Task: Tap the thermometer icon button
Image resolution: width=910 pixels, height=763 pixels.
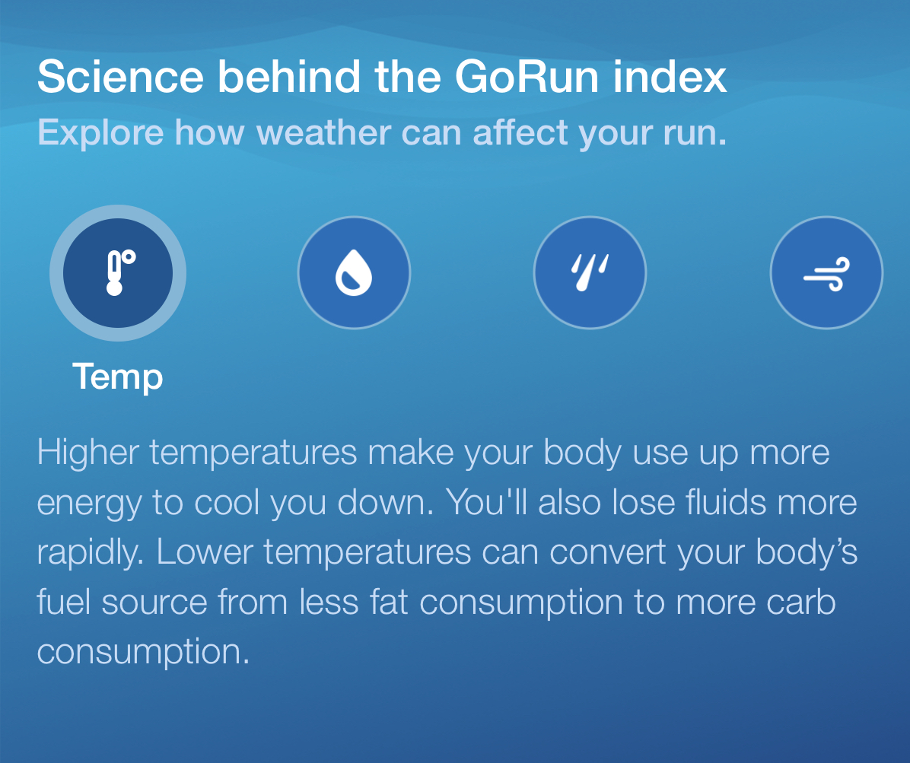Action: coord(118,272)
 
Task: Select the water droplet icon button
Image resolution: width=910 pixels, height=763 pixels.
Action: coord(354,272)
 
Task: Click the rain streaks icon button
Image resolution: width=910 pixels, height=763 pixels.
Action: coord(590,272)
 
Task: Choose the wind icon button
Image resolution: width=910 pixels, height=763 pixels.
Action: coord(826,272)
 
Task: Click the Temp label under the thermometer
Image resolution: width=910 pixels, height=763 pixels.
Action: coord(118,378)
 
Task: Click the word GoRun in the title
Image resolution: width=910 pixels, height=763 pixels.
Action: coord(527,77)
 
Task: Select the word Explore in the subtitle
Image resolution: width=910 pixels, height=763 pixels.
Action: coord(101,133)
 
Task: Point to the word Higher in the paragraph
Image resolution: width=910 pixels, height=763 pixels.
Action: coord(88,453)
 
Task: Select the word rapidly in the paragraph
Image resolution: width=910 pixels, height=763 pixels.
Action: coord(91,553)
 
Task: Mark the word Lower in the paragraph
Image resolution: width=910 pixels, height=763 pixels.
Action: coord(205,552)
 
